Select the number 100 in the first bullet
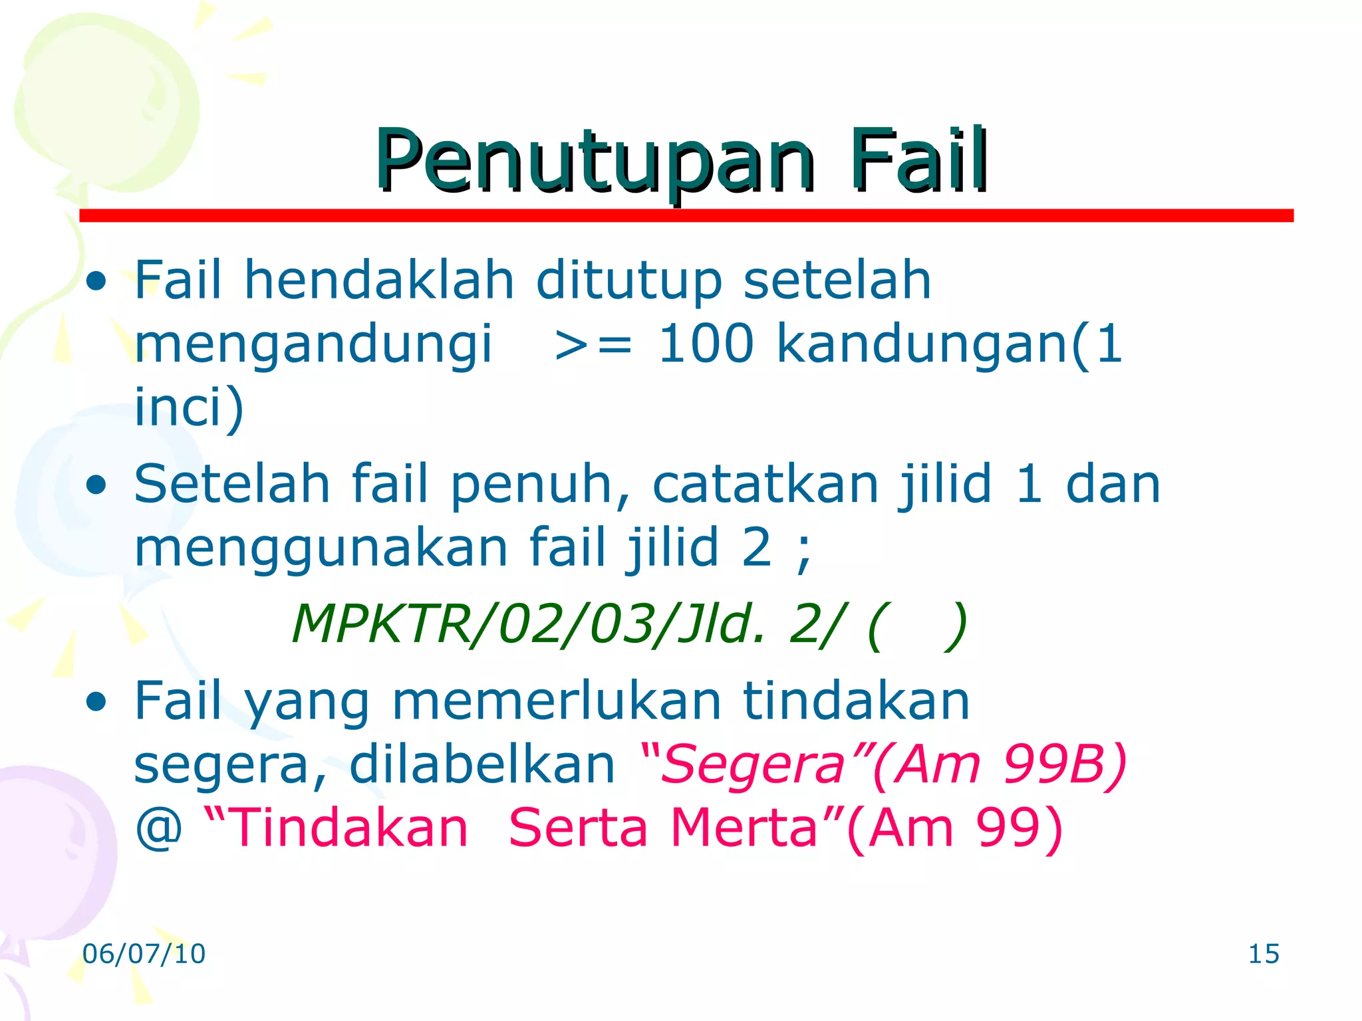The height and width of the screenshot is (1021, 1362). coord(706,344)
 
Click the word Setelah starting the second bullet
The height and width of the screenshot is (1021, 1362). coord(232,484)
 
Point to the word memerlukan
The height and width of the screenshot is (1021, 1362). coord(557,701)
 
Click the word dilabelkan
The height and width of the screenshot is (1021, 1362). coord(482,764)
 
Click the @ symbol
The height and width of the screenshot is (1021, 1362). coord(158,828)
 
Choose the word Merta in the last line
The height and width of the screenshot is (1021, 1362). coord(744,828)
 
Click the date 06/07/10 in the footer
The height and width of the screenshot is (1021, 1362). coord(144,954)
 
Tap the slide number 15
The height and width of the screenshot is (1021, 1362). coord(1264,954)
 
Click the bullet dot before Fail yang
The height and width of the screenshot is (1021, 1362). coord(96,701)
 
